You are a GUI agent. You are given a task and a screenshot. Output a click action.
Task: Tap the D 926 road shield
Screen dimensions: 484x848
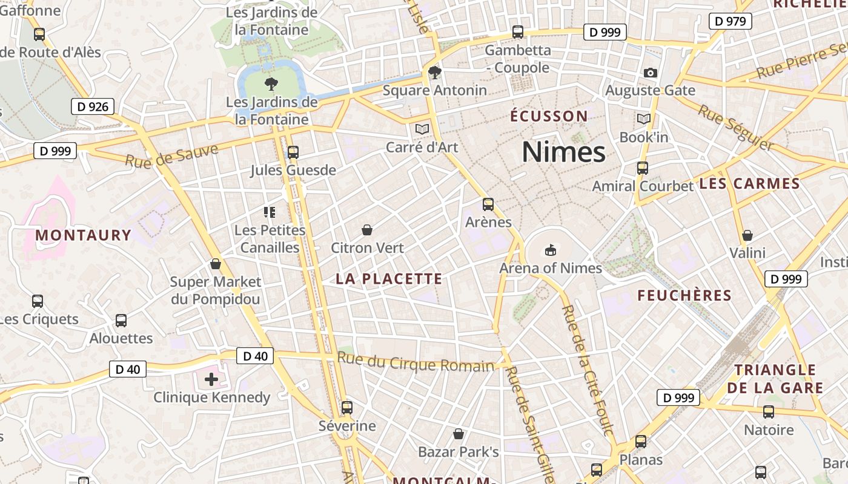tap(93, 107)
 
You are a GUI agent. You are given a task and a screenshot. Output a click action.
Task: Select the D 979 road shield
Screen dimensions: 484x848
tap(730, 21)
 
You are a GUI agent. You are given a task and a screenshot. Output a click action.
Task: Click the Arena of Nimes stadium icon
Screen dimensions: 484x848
tap(550, 249)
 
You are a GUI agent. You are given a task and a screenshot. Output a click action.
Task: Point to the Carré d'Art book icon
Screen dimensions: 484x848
tap(422, 129)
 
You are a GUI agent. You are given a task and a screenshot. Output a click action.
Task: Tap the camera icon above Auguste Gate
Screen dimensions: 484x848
tap(650, 73)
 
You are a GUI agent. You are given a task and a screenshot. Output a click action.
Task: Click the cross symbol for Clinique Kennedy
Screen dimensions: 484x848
tap(211, 379)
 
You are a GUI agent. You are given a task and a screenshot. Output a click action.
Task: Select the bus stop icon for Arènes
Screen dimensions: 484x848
tap(488, 204)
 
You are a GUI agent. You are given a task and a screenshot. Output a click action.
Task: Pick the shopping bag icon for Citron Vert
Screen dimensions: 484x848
tap(366, 230)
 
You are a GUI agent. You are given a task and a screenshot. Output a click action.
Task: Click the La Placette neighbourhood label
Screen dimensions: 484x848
tap(389, 279)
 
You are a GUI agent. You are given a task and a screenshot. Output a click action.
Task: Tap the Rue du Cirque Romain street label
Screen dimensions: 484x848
tap(416, 362)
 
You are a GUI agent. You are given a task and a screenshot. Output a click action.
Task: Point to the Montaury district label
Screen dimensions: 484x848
tap(84, 235)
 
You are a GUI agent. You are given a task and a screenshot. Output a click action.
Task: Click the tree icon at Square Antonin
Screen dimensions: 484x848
tap(434, 73)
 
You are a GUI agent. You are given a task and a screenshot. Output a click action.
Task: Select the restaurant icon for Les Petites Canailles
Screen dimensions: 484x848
tap(270, 212)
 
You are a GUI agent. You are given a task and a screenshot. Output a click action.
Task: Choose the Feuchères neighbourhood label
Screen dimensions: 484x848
tap(684, 295)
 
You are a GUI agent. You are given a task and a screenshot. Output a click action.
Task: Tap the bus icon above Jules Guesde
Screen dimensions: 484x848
tap(293, 152)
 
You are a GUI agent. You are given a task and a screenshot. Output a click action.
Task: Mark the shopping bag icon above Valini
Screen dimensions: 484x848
tap(747, 235)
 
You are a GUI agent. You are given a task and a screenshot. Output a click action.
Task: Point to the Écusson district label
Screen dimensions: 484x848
tap(549, 116)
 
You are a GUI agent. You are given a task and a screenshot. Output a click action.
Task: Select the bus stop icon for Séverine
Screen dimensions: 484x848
tap(347, 408)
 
